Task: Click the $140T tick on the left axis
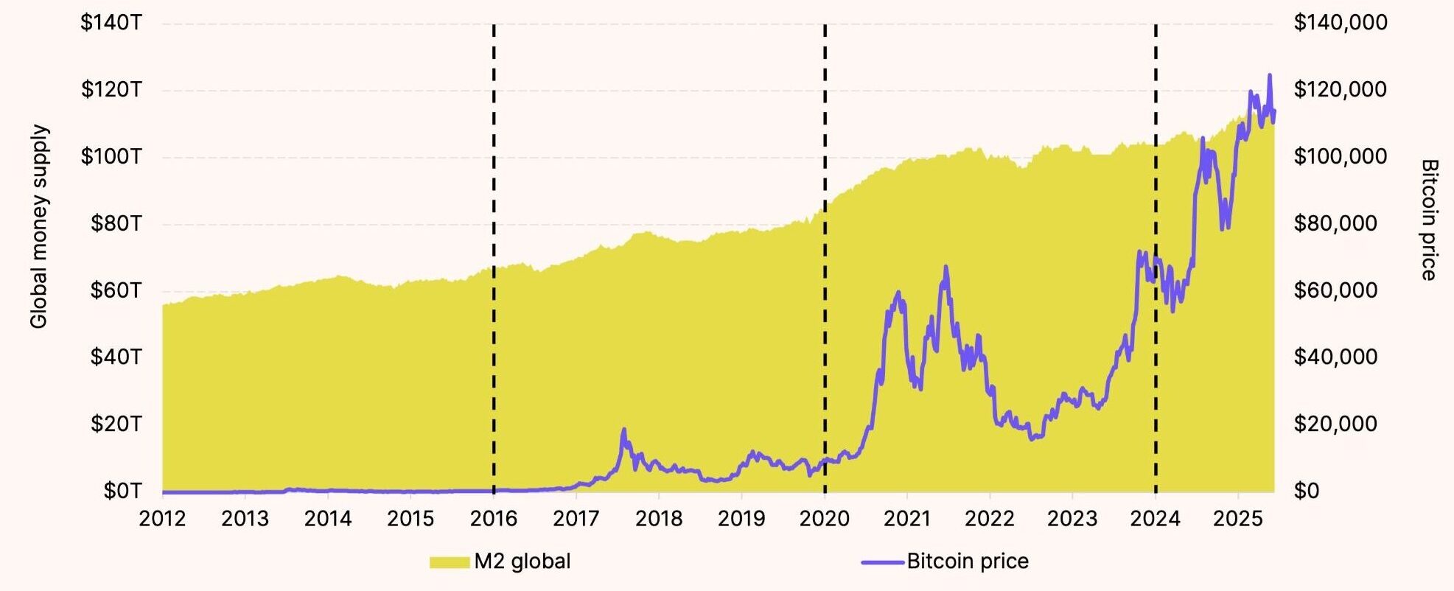111,24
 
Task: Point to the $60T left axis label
115,291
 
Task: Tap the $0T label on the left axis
122,491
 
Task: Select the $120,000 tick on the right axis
1340,90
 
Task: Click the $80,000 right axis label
1335,223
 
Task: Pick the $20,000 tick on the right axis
1335,424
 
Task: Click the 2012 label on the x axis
162,519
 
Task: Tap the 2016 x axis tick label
493,519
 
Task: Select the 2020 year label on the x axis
824,519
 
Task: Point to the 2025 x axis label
1238,519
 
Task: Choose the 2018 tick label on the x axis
659,519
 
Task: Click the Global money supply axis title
39,226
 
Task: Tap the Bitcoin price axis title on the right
1429,220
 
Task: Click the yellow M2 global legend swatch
450,562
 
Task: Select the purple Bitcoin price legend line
882,562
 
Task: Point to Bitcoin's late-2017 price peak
624,429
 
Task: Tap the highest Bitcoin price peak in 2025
1269,75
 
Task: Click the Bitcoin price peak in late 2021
946,267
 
